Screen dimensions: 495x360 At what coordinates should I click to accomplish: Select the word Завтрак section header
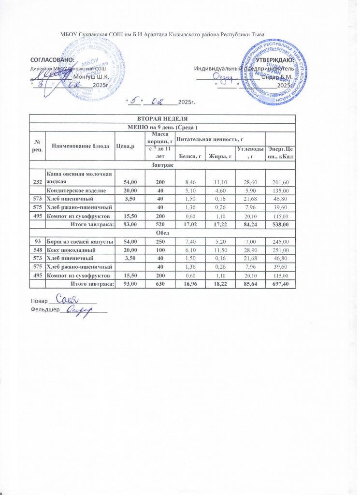point(162,165)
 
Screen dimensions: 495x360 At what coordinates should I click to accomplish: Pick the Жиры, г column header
point(218,155)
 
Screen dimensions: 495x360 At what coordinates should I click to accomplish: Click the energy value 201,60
point(280,182)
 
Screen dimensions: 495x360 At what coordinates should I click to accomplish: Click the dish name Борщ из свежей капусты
point(80,241)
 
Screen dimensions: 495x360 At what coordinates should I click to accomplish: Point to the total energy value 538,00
point(280,224)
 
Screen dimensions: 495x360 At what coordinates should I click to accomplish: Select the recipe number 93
point(37,241)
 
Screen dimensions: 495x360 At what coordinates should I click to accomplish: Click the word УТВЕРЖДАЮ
point(275,60)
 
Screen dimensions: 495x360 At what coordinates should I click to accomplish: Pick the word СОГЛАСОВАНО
point(52,59)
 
